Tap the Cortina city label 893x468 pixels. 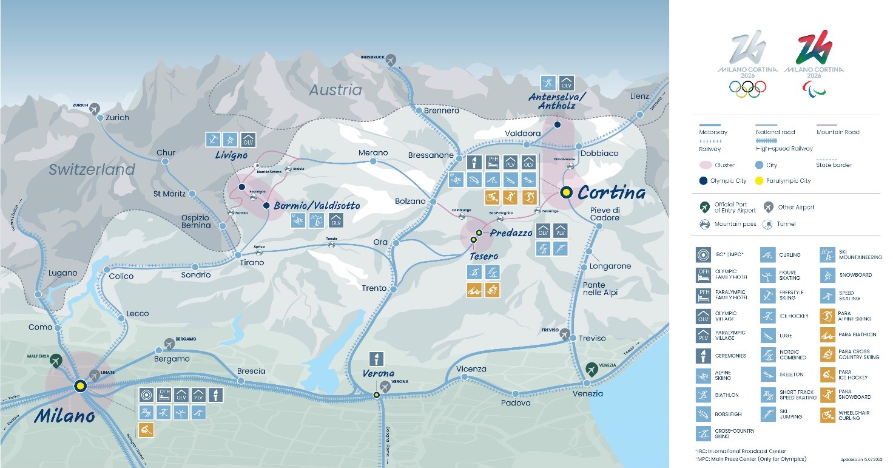[611, 192]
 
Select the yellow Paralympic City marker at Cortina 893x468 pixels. [567, 192]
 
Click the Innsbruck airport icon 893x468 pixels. [391, 59]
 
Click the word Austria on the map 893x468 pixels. [335, 90]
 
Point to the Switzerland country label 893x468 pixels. [92, 169]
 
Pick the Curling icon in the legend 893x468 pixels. [768, 255]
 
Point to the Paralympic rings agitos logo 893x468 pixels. [814, 89]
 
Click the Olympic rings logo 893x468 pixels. [747, 89]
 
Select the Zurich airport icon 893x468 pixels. [94, 108]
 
